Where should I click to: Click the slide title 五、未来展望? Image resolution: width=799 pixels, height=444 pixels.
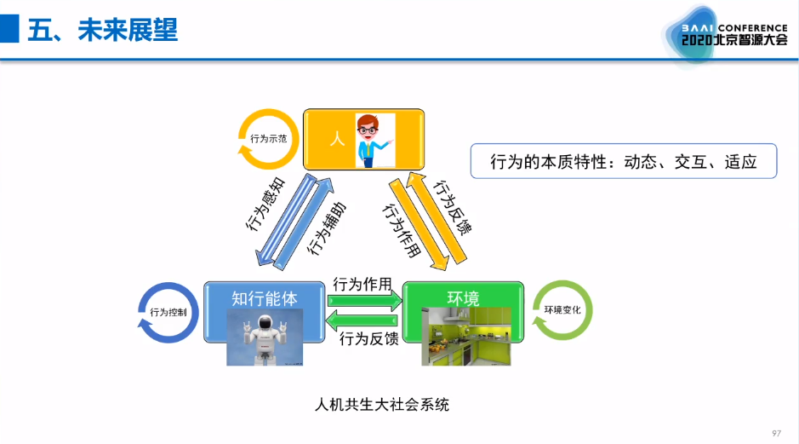(103, 31)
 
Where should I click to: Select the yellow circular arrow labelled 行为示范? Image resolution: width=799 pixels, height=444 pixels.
(269, 138)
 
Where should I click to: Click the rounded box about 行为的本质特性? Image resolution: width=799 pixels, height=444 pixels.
(624, 161)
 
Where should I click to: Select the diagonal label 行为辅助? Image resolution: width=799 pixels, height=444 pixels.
(326, 228)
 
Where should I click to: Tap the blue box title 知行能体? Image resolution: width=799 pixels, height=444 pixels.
(265, 298)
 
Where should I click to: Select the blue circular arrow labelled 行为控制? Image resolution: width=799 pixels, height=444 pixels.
(168, 313)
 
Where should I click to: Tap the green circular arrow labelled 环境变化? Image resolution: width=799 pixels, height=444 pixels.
(562, 310)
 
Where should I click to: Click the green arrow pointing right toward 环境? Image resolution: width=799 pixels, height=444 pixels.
(364, 300)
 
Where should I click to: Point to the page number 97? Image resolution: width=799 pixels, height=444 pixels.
(776, 433)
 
